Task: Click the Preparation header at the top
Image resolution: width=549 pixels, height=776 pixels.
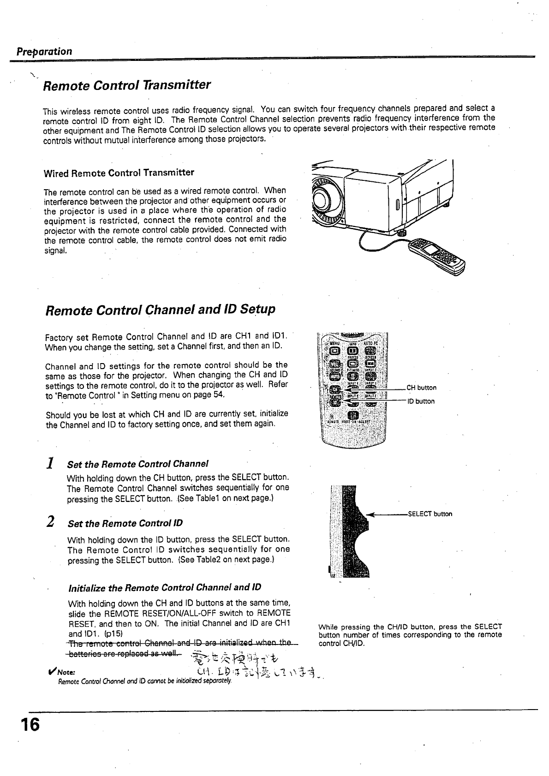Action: coord(44,51)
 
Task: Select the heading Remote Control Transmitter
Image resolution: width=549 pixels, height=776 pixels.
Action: coord(126,85)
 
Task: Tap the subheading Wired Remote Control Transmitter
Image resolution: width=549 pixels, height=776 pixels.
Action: coord(119,173)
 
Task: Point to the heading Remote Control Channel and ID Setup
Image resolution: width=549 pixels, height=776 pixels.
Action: coord(160,309)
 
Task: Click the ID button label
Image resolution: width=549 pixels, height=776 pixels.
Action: coord(420,401)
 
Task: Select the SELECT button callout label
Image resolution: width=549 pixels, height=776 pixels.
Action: coord(430,514)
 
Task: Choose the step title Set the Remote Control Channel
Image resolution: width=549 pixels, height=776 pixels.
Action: coord(138,464)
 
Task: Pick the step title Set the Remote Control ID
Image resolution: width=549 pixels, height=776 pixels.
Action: coord(125,523)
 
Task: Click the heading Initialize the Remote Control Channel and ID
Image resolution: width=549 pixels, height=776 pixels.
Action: coord(164,588)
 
